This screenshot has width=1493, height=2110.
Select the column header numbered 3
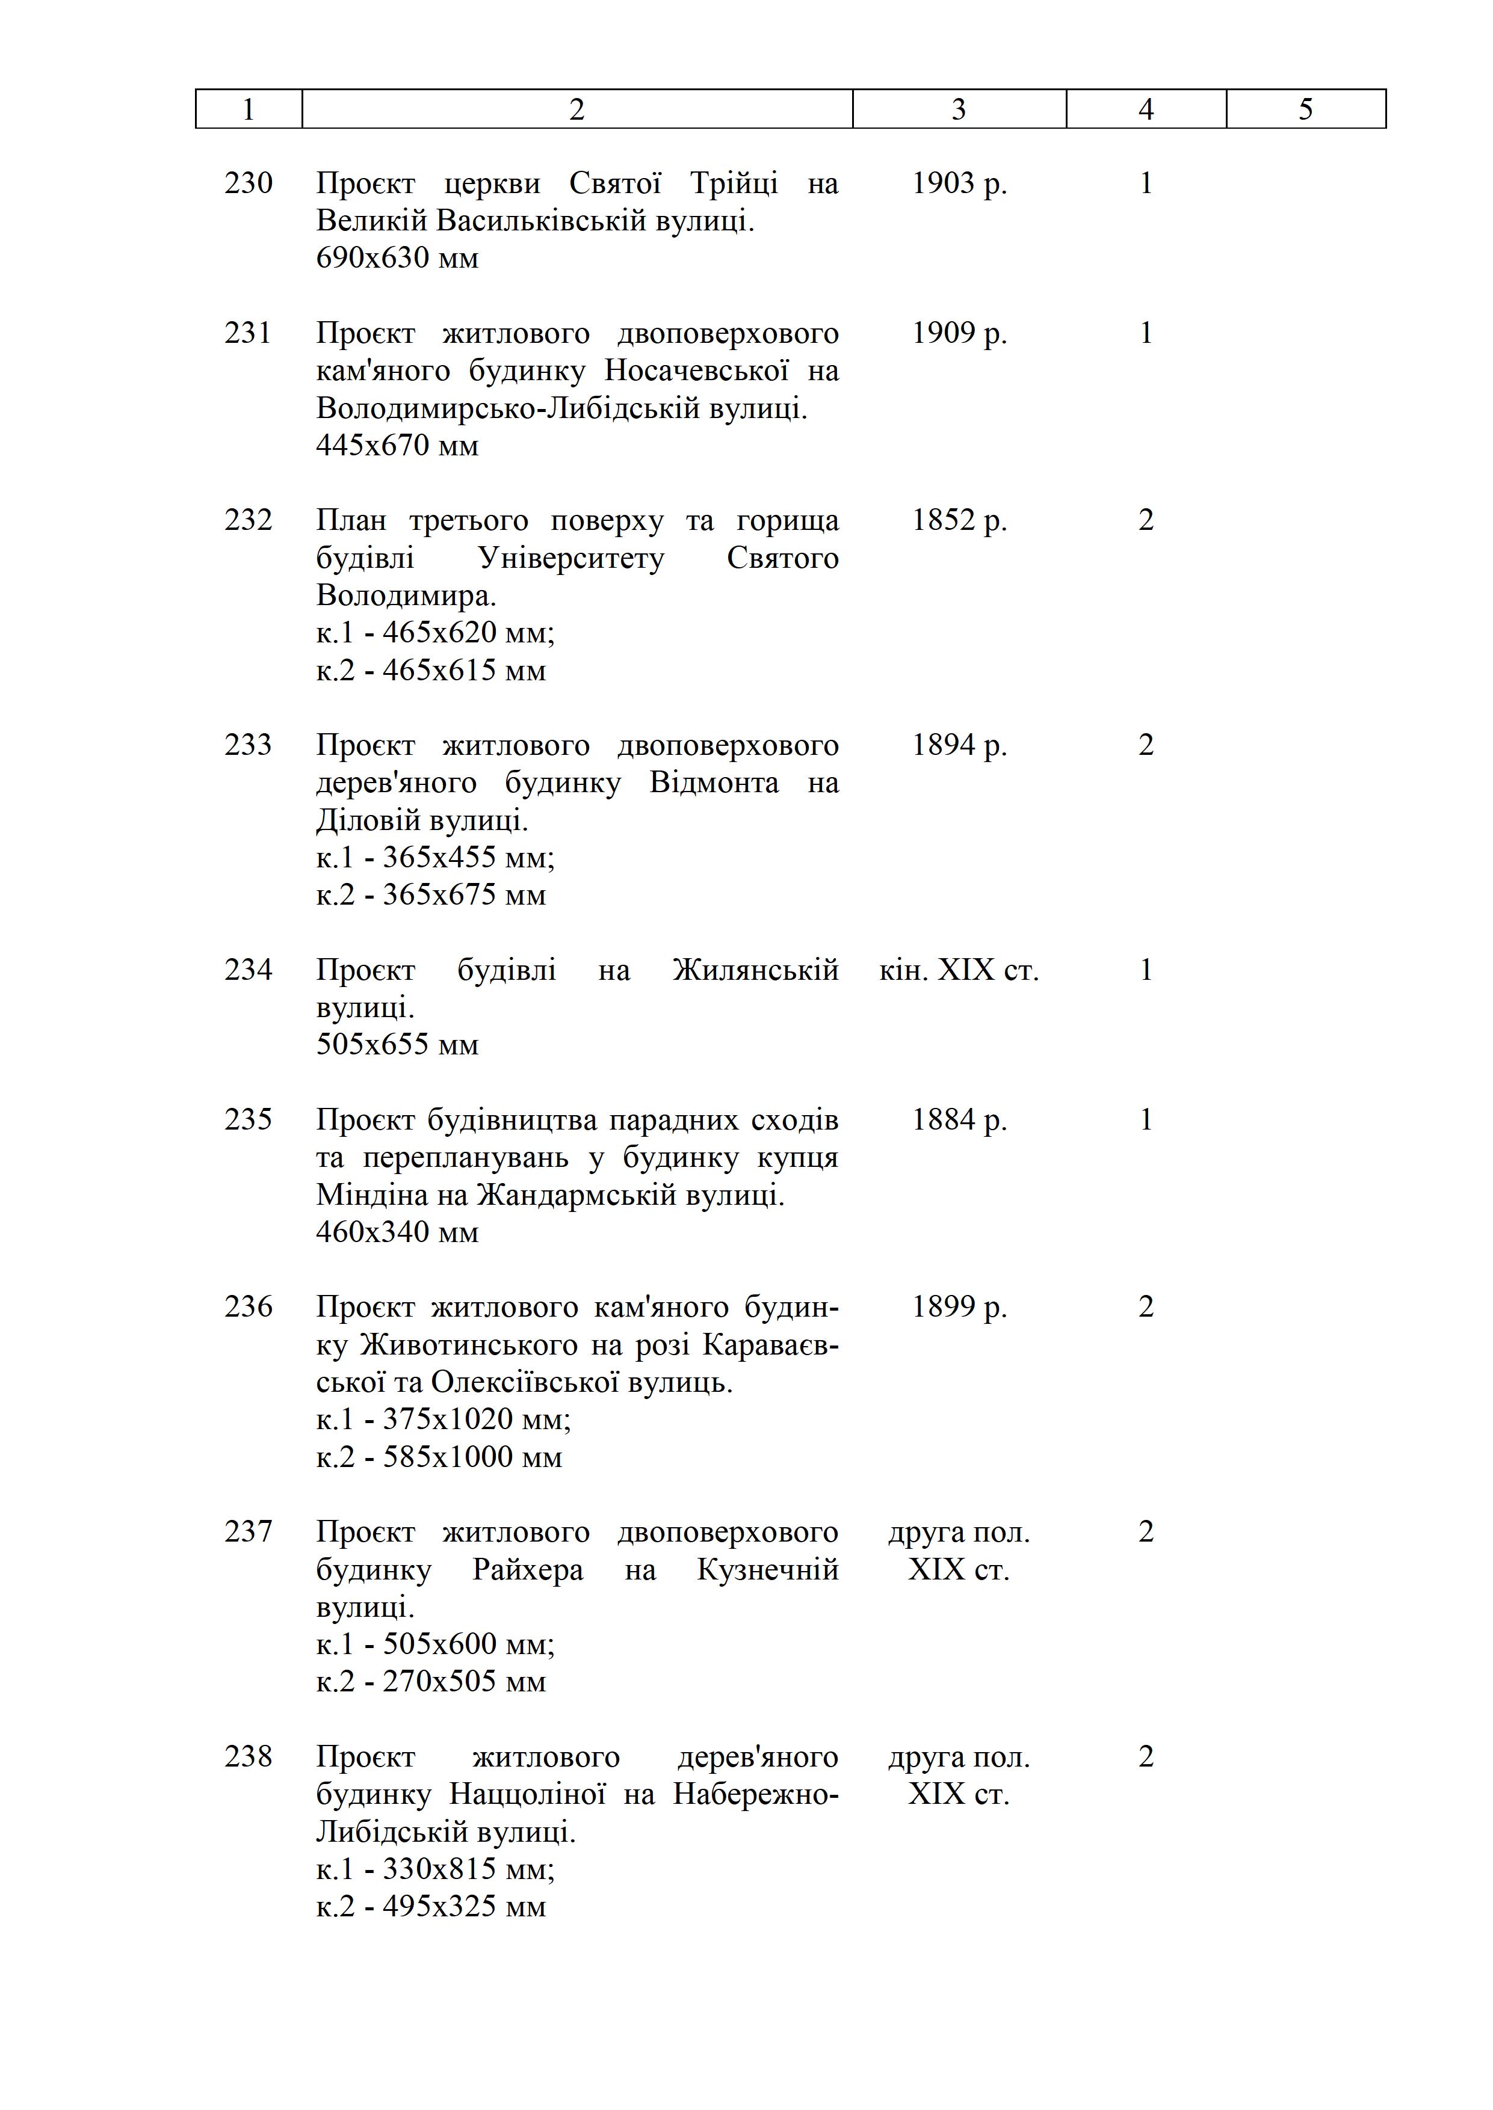[959, 109]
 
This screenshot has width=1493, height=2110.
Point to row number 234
[248, 970]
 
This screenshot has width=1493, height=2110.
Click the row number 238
[248, 1756]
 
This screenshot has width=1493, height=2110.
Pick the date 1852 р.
[959, 520]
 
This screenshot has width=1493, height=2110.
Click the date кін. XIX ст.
[959, 970]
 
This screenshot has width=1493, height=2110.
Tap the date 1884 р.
[959, 1119]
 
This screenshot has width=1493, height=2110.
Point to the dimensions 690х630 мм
[397, 258]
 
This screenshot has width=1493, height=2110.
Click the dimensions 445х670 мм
[397, 446]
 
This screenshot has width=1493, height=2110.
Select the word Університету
[571, 558]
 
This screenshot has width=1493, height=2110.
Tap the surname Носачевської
[697, 371]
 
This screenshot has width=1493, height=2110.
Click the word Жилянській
[756, 970]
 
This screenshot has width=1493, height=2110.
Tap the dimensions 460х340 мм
[397, 1232]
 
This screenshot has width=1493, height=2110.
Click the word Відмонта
[714, 783]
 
